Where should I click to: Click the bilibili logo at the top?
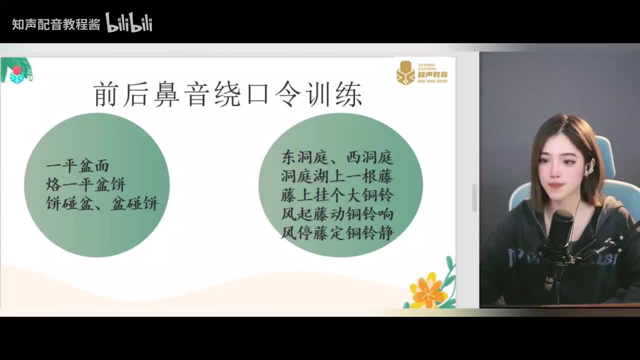[128, 23]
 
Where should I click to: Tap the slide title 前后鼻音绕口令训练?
[228, 94]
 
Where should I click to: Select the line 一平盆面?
[77, 166]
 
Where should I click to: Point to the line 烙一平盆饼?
[85, 184]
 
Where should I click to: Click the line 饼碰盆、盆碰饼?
[102, 203]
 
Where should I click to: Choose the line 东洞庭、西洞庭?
[337, 158]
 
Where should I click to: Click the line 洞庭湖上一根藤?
[337, 176]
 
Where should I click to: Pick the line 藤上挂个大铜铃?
[337, 195]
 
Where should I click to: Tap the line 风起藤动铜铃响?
[337, 214]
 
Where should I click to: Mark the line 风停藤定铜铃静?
[337, 232]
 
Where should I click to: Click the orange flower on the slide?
[428, 289]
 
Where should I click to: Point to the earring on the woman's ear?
[591, 167]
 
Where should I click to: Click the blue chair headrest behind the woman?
[606, 155]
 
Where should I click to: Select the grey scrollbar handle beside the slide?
[474, 197]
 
